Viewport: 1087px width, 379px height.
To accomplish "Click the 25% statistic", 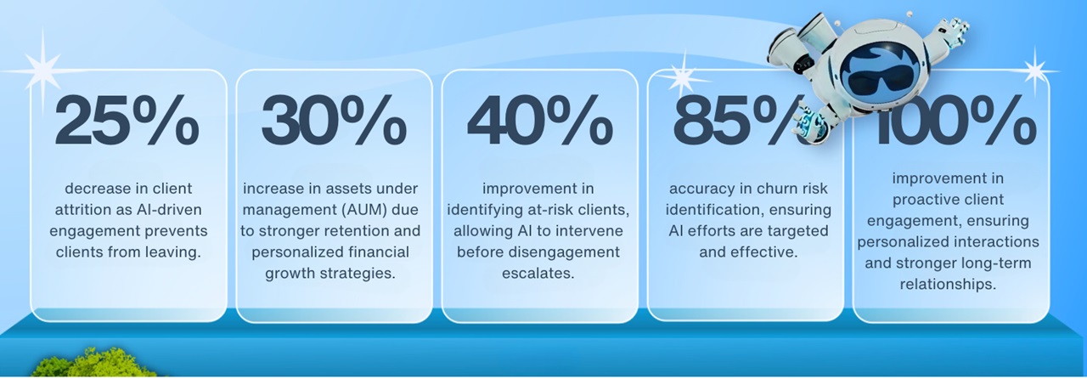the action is [127, 121].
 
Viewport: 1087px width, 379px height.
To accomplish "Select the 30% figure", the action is [334, 121].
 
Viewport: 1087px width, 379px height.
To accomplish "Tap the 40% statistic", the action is [539, 121].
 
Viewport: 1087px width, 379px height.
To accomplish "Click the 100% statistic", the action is [955, 122].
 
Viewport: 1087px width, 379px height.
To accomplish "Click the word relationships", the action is [948, 284].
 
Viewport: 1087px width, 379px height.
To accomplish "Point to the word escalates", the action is [538, 273].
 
